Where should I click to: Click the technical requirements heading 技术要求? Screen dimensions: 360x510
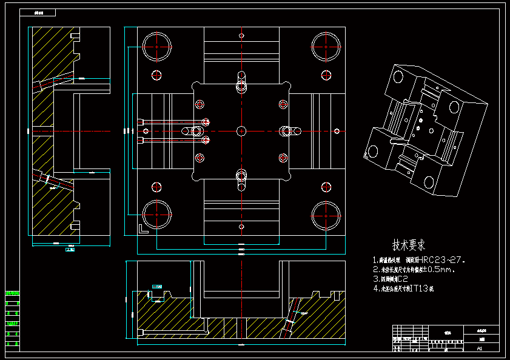[x=409, y=245]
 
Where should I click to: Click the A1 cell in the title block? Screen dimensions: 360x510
[x=480, y=348]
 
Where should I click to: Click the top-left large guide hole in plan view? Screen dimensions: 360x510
[x=156, y=46]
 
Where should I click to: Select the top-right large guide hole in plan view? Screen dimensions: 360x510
[x=326, y=46]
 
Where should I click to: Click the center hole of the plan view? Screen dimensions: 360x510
[x=241, y=130]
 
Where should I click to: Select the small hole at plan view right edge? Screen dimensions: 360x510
[x=337, y=130]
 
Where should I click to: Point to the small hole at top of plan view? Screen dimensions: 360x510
[x=241, y=35]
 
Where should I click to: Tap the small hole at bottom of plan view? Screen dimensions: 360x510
[x=241, y=225]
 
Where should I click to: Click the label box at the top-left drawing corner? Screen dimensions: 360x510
[x=37, y=12]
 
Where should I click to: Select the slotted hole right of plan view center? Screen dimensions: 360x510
[x=290, y=130]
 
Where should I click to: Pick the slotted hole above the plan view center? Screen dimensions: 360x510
[x=241, y=81]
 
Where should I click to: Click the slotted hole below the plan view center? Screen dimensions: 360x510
[x=241, y=179]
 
